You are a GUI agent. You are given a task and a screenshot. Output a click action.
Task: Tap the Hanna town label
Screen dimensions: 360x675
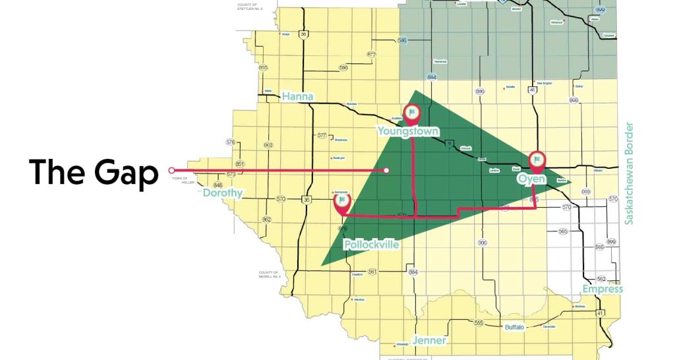coord(297,97)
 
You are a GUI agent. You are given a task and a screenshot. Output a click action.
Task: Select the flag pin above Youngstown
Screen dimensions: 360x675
coord(412,113)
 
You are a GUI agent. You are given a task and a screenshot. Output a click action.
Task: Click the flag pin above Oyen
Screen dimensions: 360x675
coord(537,160)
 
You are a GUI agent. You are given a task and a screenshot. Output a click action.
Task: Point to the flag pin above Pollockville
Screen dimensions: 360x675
coord(342,201)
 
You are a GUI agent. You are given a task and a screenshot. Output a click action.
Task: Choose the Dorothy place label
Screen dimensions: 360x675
coord(222,193)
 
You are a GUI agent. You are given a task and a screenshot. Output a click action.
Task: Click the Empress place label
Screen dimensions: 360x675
coord(602,289)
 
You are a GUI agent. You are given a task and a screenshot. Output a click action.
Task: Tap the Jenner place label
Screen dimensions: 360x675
coord(429,341)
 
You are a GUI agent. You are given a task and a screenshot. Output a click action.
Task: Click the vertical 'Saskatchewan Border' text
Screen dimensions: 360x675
coord(629,173)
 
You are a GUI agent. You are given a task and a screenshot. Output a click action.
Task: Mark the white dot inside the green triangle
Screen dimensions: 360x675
coord(387,171)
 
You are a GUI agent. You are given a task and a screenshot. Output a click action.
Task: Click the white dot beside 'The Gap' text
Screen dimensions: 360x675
coord(171,170)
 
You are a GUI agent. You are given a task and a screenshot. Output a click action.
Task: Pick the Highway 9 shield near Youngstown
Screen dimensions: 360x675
coord(450,144)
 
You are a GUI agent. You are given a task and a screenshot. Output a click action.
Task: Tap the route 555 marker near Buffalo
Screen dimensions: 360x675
coord(479,323)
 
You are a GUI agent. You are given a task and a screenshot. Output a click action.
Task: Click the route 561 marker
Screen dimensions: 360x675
coord(372,272)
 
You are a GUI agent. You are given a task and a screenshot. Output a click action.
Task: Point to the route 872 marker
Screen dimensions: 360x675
coord(372,54)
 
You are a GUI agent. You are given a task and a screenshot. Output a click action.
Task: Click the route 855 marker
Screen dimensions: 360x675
coord(264,67)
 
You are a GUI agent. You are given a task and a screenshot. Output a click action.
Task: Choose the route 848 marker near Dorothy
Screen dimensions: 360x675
coord(218,185)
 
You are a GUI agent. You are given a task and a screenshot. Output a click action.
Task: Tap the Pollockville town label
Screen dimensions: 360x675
coord(371,245)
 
